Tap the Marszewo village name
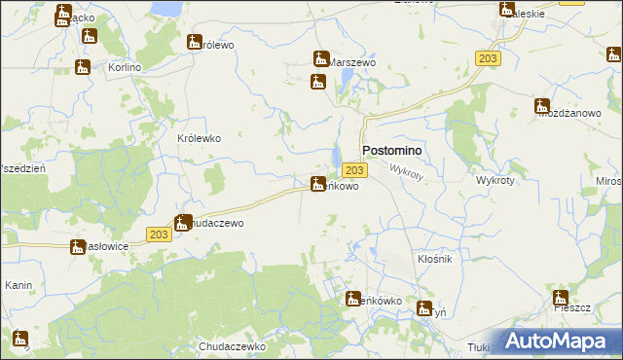click(353, 61)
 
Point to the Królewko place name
click(199, 138)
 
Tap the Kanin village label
click(19, 286)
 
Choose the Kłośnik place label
click(435, 260)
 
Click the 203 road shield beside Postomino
click(355, 170)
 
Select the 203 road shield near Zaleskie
click(489, 59)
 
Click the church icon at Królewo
click(195, 42)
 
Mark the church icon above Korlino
click(91, 36)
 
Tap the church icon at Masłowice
click(78, 246)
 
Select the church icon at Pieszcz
click(560, 298)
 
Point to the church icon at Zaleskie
click(507, 10)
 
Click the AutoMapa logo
click(556, 342)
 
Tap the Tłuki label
click(477, 346)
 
